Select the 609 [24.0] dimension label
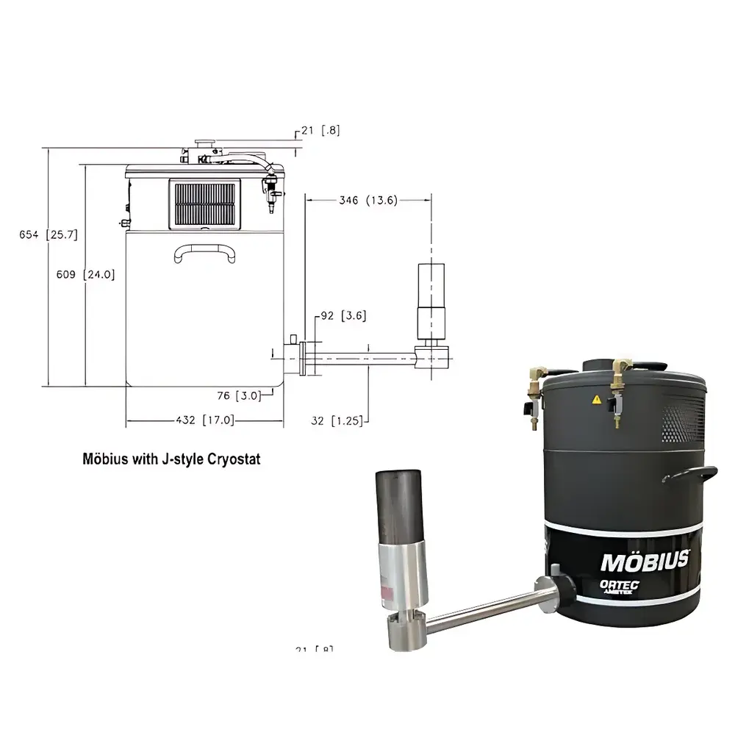[x=85, y=274]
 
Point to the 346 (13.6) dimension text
[x=367, y=200]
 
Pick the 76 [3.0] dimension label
[x=239, y=396]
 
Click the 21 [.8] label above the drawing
[x=320, y=131]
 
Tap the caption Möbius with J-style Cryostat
[x=171, y=459]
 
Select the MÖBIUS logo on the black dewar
[x=645, y=561]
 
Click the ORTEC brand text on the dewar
[x=620, y=584]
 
